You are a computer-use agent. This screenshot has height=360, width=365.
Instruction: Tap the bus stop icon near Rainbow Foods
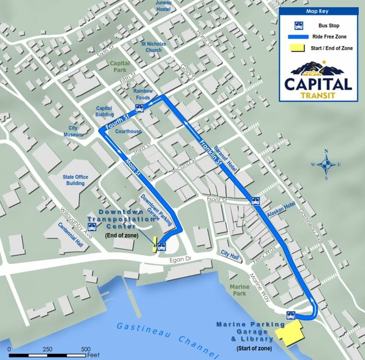[139, 108]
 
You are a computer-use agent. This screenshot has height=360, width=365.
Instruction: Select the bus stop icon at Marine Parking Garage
[290, 315]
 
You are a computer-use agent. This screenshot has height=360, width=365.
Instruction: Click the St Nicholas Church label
[153, 46]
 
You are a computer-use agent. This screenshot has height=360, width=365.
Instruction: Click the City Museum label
[73, 131]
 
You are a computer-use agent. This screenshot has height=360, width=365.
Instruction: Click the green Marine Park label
[240, 290]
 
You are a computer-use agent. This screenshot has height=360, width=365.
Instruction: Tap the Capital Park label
[120, 67]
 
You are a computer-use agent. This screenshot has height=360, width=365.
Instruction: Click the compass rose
[326, 165]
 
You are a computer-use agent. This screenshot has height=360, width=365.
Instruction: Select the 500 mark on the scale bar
[86, 349]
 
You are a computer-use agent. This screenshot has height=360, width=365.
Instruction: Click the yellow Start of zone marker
[286, 333]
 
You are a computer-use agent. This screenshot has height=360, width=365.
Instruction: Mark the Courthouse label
[128, 132]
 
